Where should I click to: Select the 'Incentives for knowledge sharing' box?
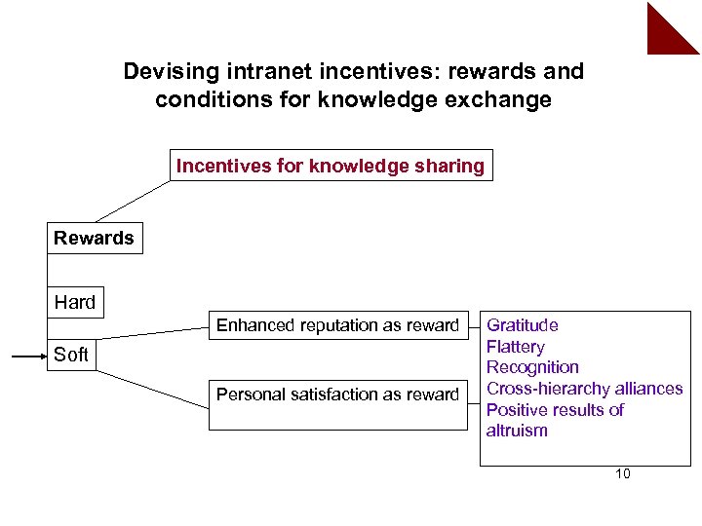[x=330, y=166]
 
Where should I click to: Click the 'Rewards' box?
[x=94, y=238]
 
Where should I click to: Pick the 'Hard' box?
[x=75, y=302]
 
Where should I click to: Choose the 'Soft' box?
[x=71, y=355]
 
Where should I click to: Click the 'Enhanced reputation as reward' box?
[x=337, y=325]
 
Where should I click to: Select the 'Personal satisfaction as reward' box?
[x=337, y=394]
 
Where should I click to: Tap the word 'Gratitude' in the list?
[x=523, y=325]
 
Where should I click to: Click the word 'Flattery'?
[x=516, y=347]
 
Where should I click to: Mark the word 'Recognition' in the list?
[x=532, y=367]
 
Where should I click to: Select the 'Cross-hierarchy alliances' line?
[x=584, y=389]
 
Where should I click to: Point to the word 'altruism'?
[x=517, y=431]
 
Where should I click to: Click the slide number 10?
[x=623, y=474]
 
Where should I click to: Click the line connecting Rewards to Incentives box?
[x=131, y=202]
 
